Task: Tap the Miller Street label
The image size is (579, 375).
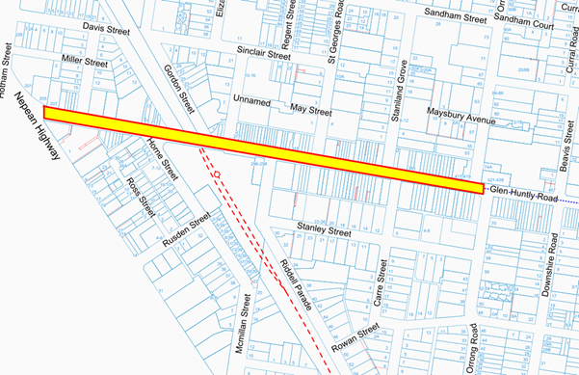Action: tap(85, 61)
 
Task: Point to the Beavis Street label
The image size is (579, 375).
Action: tap(565, 150)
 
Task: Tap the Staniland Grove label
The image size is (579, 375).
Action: tap(406, 85)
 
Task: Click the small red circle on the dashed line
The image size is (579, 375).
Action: tap(218, 174)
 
